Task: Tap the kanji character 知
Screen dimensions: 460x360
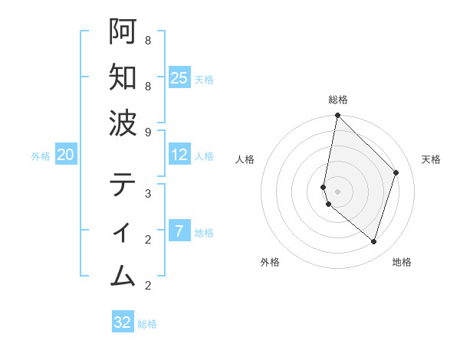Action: tap(123, 77)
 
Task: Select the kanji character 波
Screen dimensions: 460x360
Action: tap(123, 123)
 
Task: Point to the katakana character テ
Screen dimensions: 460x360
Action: tap(123, 184)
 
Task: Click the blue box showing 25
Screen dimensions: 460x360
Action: tap(179, 77)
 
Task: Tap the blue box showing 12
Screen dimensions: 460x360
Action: tap(179, 155)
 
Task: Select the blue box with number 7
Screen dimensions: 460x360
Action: tap(179, 231)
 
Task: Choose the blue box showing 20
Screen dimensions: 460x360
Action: tap(65, 155)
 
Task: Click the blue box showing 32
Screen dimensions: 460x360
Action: tap(123, 322)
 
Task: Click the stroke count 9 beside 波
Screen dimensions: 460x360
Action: tap(147, 132)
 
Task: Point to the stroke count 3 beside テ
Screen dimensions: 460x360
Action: tap(147, 193)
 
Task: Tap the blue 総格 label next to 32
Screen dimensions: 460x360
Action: tap(148, 323)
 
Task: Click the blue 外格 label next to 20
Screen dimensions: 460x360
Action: tap(41, 155)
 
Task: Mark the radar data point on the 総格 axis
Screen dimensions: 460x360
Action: tap(337, 116)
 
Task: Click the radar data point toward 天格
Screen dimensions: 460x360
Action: tap(396, 172)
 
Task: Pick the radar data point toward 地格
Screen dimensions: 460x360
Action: tap(373, 241)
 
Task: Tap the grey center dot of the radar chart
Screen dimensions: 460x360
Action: tap(337, 191)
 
